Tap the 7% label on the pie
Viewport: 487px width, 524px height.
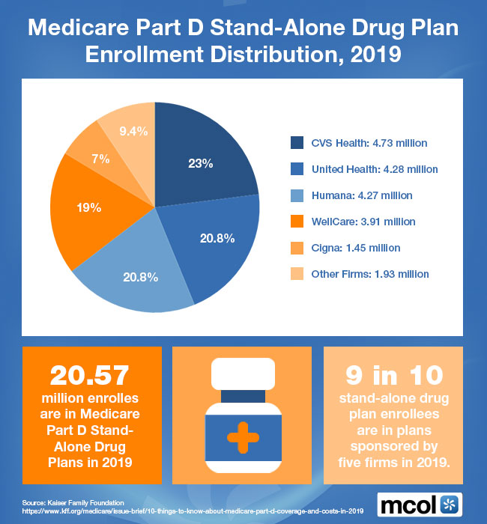101,159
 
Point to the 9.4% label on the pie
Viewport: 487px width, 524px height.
133,131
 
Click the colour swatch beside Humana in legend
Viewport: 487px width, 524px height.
297,195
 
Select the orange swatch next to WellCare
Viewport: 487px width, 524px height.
297,222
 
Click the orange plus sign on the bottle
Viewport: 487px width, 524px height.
243,435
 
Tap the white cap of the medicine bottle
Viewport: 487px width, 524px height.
243,372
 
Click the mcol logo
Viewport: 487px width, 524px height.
420,503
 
